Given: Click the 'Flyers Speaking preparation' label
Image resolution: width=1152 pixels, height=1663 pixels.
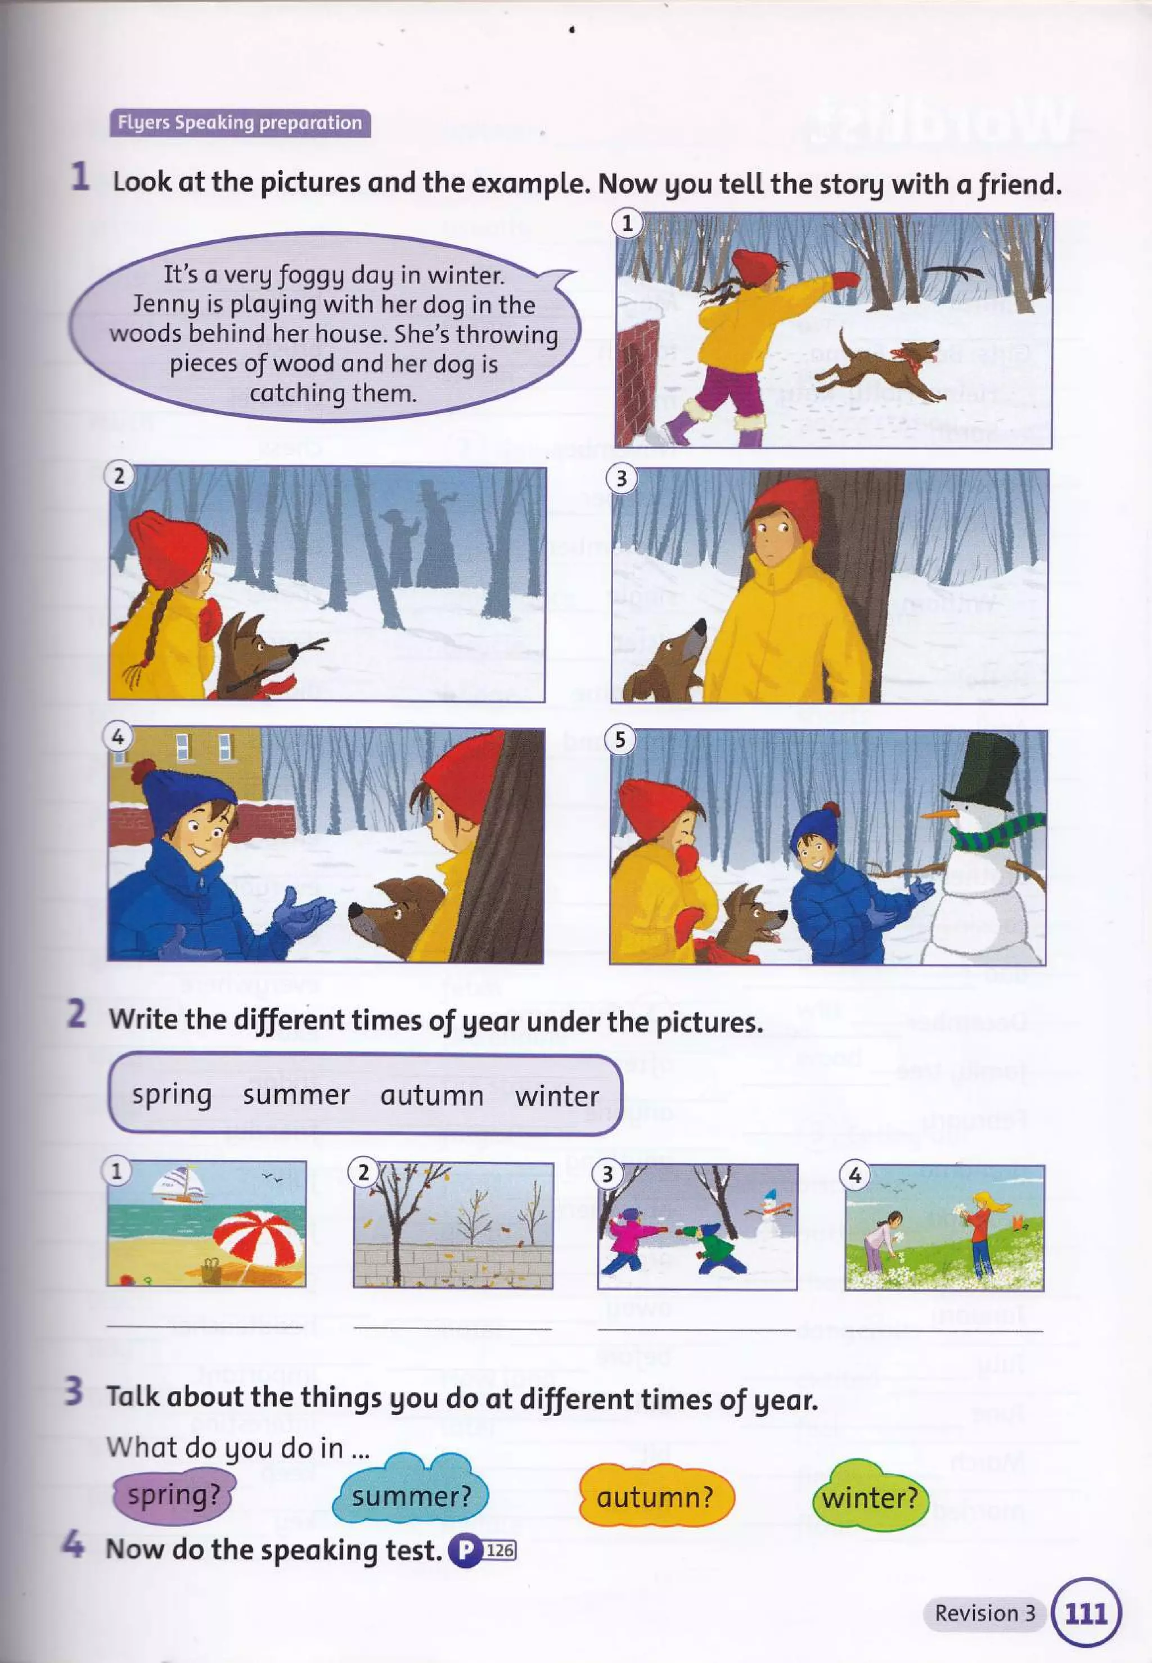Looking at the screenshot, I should point(240,123).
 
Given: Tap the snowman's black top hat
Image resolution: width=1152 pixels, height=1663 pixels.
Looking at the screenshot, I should point(984,771).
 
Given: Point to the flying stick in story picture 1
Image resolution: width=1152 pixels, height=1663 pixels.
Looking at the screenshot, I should point(953,272).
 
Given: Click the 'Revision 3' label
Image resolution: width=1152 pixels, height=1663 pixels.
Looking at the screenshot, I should point(984,1613).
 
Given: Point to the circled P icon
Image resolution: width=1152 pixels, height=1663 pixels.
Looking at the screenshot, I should point(465,1550).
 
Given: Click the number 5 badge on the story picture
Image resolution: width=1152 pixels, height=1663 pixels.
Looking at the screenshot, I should point(621,741).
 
